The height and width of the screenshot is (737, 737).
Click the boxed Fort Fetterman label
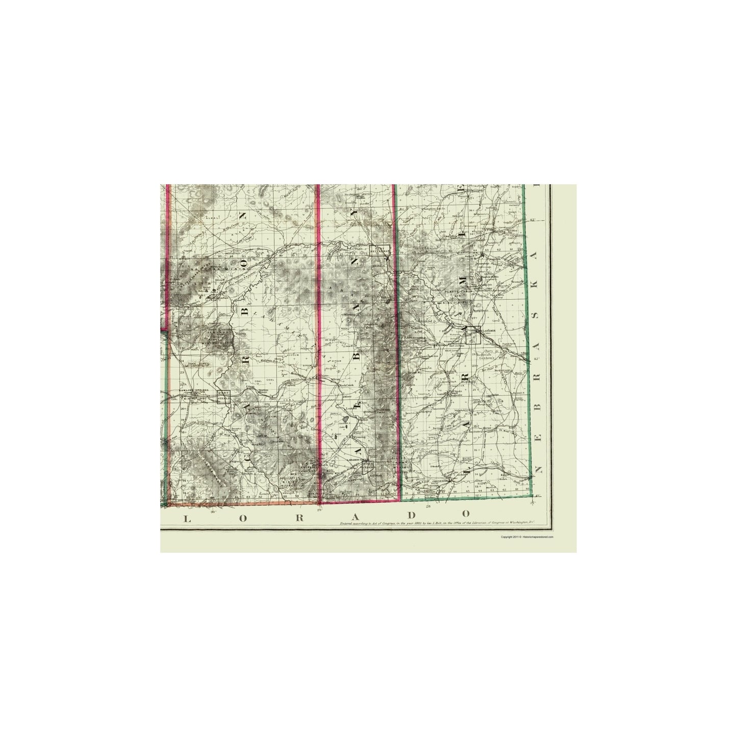[379, 250]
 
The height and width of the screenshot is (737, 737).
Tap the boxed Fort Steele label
[223, 396]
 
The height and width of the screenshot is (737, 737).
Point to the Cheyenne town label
[442, 480]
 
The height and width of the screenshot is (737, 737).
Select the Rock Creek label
[346, 385]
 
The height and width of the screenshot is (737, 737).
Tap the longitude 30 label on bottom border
[213, 510]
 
